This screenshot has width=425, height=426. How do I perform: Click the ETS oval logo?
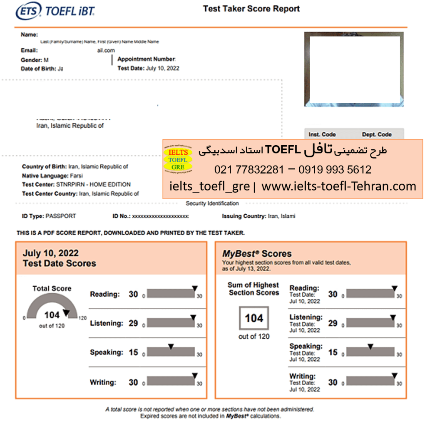coord(29,11)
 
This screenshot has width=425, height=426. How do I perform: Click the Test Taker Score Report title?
coord(251,9)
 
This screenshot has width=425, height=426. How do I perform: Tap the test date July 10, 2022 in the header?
coord(163,68)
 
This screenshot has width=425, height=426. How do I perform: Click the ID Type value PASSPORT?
coord(61,216)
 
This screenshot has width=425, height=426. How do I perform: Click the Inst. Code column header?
coord(322,134)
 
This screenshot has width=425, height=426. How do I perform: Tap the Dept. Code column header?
coord(377,134)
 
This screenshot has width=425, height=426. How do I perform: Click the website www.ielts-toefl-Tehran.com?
coord(338,186)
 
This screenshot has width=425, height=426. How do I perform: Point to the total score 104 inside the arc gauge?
coord(52,315)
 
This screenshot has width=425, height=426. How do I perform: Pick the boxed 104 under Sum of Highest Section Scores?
coord(254,318)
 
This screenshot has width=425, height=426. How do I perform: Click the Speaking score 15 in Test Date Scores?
coord(133,352)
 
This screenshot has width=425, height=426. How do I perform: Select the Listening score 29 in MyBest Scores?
coord(333,323)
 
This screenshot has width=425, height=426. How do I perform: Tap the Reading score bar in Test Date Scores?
coord(171,294)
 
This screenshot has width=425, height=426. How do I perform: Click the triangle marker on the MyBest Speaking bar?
coord(370,346)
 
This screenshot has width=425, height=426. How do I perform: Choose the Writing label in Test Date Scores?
coord(103,382)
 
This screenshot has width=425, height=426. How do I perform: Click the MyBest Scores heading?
coord(257,253)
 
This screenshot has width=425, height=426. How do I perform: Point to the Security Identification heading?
coord(212,203)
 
